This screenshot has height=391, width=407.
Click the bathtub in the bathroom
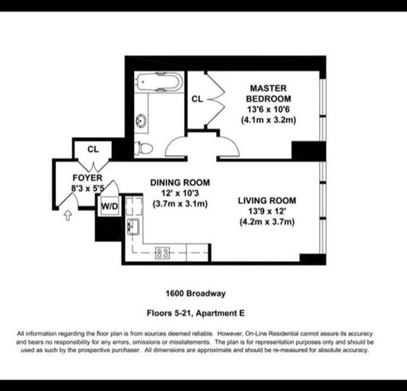click(x=159, y=82)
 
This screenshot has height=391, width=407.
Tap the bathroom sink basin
click(x=141, y=120)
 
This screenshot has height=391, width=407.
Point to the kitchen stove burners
click(x=162, y=253)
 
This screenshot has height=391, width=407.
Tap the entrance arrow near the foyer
click(x=68, y=216)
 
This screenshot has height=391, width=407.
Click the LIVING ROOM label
click(x=267, y=201)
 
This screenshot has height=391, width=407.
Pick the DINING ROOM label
click(x=180, y=183)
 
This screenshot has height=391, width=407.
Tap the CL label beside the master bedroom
click(x=197, y=99)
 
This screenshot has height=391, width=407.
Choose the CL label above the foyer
click(x=93, y=149)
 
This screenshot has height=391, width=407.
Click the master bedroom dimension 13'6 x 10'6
click(x=268, y=110)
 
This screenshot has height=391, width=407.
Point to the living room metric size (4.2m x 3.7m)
click(x=267, y=222)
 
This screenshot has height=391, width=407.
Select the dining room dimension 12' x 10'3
click(x=180, y=193)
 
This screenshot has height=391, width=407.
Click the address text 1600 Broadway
click(x=195, y=293)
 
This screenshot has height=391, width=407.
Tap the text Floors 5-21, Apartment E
click(x=195, y=313)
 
